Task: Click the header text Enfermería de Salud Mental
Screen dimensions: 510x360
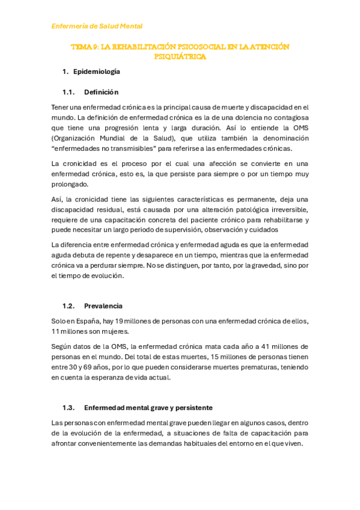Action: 97,26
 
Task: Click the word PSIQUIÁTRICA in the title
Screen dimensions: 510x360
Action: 180,57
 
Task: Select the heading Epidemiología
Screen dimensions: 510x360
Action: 96,72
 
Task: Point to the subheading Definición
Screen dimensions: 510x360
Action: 101,92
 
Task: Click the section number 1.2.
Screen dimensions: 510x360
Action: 68,306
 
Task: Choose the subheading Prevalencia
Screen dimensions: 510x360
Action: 103,306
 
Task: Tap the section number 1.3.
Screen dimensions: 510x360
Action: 68,407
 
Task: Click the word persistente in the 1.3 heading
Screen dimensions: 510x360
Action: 192,407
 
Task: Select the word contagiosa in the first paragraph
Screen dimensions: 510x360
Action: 290,117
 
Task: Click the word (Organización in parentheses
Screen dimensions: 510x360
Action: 75,138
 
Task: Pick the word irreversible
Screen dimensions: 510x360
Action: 285,209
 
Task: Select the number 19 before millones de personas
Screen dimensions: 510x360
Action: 119,321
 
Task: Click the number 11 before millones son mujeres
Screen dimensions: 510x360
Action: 55,331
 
